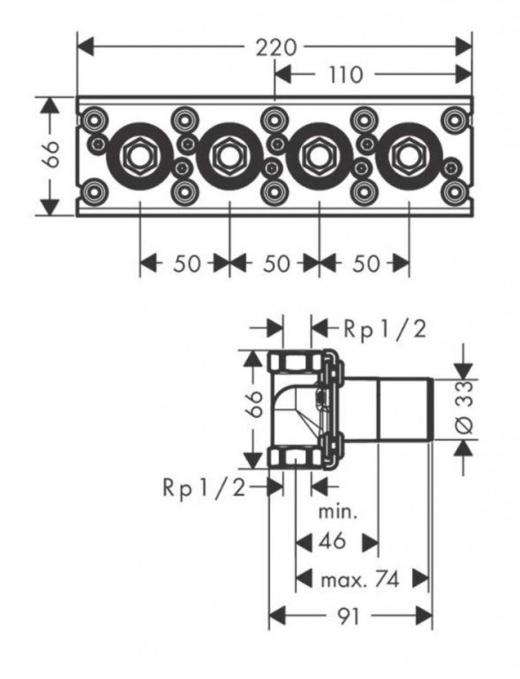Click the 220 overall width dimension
275,47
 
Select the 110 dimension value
346,75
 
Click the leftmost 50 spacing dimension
187,263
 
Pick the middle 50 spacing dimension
276,263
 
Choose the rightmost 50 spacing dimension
366,263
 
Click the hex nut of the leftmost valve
139,156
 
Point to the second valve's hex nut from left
229,156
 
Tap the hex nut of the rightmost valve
408,156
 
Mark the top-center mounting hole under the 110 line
274,120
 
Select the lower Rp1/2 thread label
204,488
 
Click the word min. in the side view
338,513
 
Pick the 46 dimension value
332,541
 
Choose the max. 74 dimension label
360,580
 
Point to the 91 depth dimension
348,616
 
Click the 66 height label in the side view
255,404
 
